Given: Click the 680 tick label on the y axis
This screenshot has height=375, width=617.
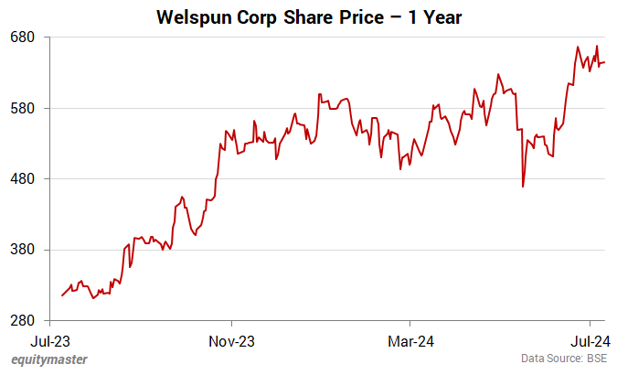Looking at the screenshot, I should pyautogui.click(x=22, y=37).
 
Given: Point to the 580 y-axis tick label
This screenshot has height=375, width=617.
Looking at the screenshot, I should pyautogui.click(x=22, y=108).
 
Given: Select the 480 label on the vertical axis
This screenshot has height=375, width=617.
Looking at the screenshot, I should pyautogui.click(x=22, y=178).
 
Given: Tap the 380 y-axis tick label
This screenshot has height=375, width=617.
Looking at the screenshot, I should pyautogui.click(x=22, y=250).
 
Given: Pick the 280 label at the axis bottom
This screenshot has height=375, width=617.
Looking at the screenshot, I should pyautogui.click(x=22, y=320).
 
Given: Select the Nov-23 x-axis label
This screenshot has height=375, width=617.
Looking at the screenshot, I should pyautogui.click(x=232, y=341).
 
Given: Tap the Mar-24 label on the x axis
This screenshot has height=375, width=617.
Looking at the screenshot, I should pyautogui.click(x=410, y=341).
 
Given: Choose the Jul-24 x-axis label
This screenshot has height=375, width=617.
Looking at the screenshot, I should pyautogui.click(x=590, y=341).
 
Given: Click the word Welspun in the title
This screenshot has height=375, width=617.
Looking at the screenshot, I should pyautogui.click(x=194, y=16).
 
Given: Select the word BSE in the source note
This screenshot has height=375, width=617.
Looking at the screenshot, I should pyautogui.click(x=597, y=359).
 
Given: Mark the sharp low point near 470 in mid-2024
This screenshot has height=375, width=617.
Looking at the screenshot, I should pyautogui.click(x=523, y=187).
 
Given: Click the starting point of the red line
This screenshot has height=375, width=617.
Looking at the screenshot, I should pyautogui.click(x=62, y=295).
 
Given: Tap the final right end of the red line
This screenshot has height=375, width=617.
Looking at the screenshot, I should pyautogui.click(x=604, y=62).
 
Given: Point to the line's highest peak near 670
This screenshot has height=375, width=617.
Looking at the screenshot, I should pyautogui.click(x=597, y=46).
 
